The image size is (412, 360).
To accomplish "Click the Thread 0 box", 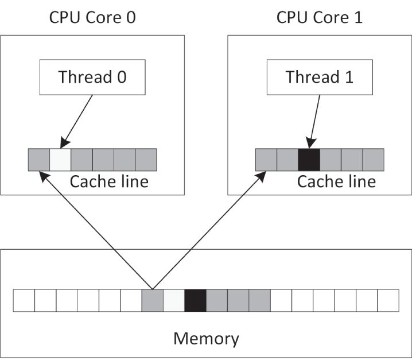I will (x=92, y=78).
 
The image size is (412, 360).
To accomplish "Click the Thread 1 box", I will (x=319, y=78).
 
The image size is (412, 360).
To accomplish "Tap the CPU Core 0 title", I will (x=92, y=17).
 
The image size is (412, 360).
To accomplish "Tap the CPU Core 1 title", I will (x=320, y=17).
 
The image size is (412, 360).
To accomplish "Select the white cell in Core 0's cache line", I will (x=60, y=160).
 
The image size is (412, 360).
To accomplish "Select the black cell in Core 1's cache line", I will (x=309, y=160).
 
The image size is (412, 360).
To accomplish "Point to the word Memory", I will (x=206, y=338).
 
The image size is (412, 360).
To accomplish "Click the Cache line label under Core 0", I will (x=109, y=182).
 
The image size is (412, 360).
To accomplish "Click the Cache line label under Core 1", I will (x=336, y=182).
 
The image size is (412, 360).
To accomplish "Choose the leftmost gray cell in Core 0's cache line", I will (x=38, y=160).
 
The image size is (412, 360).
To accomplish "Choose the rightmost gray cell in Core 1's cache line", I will (x=373, y=160).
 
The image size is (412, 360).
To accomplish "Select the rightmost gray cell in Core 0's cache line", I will (x=146, y=160).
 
